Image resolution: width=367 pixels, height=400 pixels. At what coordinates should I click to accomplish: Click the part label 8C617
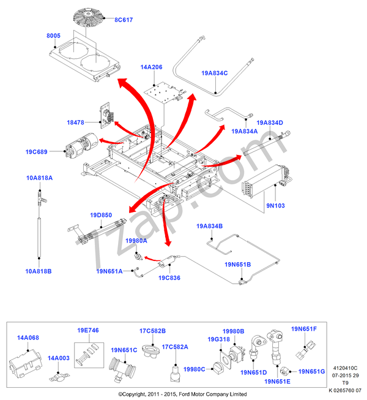click(x=124, y=20)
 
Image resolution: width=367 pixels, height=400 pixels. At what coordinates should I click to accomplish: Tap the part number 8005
click(x=53, y=36)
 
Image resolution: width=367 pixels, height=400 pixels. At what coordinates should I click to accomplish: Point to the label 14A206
click(x=151, y=67)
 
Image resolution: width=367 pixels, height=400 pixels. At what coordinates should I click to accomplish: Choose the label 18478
click(x=76, y=123)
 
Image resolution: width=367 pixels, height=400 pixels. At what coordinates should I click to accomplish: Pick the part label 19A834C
click(x=214, y=73)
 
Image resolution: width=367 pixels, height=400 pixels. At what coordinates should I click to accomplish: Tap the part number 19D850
click(x=101, y=215)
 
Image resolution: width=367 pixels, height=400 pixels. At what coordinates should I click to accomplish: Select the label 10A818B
click(x=39, y=271)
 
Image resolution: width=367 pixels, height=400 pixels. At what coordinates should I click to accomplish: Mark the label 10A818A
click(x=39, y=178)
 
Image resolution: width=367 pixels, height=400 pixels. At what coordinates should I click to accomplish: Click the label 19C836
click(x=169, y=278)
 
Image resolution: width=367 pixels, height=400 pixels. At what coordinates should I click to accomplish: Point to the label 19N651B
click(x=237, y=265)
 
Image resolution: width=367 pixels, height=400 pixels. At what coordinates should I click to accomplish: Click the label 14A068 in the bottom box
click(x=28, y=338)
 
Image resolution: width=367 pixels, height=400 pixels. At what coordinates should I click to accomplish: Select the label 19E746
click(x=88, y=330)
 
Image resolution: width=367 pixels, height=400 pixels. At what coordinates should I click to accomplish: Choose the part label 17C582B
click(x=152, y=330)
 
